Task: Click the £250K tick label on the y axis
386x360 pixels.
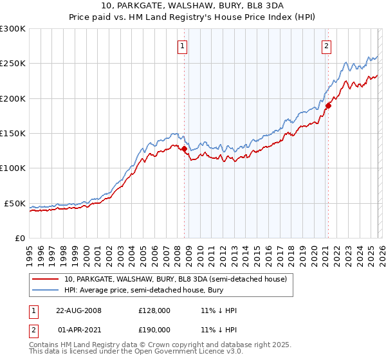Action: [x=13, y=64]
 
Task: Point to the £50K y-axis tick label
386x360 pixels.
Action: [x=15, y=203]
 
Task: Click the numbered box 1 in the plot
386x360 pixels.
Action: [x=183, y=46]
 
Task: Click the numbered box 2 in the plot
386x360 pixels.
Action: [x=327, y=46]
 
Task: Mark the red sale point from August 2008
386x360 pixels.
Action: [x=185, y=149]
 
